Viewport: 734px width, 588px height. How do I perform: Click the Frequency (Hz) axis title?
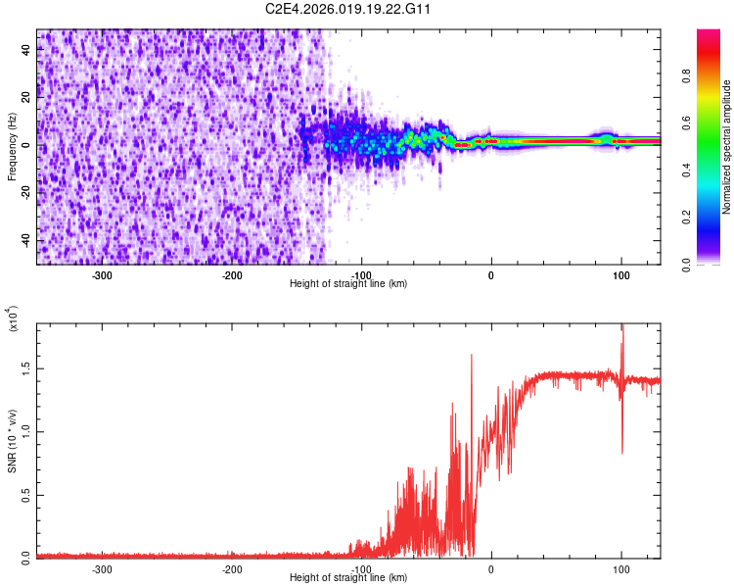[12, 147]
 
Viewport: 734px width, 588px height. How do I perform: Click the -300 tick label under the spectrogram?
[103, 274]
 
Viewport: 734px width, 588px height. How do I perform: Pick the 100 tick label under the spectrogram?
[620, 274]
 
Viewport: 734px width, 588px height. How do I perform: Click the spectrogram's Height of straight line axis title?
[348, 283]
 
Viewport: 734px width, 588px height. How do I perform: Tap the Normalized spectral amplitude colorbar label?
[726, 147]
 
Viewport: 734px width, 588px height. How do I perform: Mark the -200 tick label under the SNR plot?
[232, 568]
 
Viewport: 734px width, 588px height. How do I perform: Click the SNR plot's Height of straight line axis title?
[348, 577]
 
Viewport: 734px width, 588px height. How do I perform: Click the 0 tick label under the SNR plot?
[491, 568]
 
